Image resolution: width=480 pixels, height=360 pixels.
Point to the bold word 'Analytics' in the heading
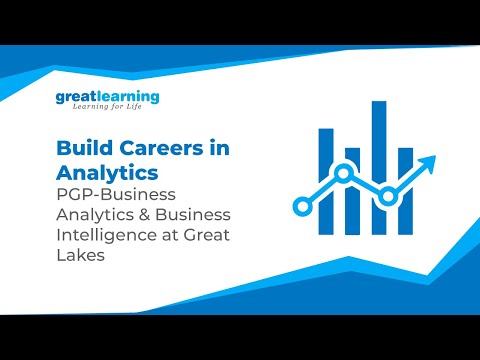click(98, 169)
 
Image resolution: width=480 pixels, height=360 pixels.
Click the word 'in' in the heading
click(214, 147)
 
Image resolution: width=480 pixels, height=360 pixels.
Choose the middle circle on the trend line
click(343, 174)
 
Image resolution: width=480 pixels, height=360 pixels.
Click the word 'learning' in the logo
click(127, 98)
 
